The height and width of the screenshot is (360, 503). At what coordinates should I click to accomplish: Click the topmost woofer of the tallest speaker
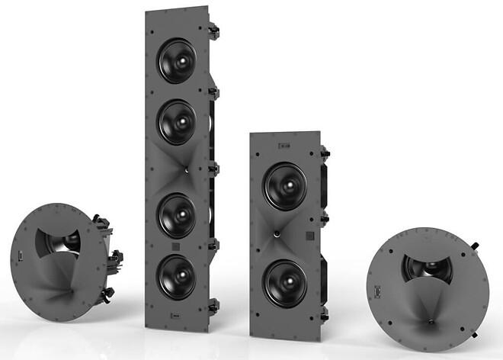pos(176,60)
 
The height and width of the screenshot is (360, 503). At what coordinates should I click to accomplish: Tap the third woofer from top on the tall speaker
pos(178,214)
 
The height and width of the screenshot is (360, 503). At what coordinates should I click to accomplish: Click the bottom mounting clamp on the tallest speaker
pos(214,305)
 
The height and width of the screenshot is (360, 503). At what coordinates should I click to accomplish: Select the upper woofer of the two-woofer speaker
pos(285,186)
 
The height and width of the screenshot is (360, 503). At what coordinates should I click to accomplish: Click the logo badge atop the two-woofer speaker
pos(284,143)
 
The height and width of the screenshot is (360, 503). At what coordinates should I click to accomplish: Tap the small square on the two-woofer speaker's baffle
pos(309,236)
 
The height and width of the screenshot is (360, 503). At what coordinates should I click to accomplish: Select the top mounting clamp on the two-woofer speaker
pos(325,153)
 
